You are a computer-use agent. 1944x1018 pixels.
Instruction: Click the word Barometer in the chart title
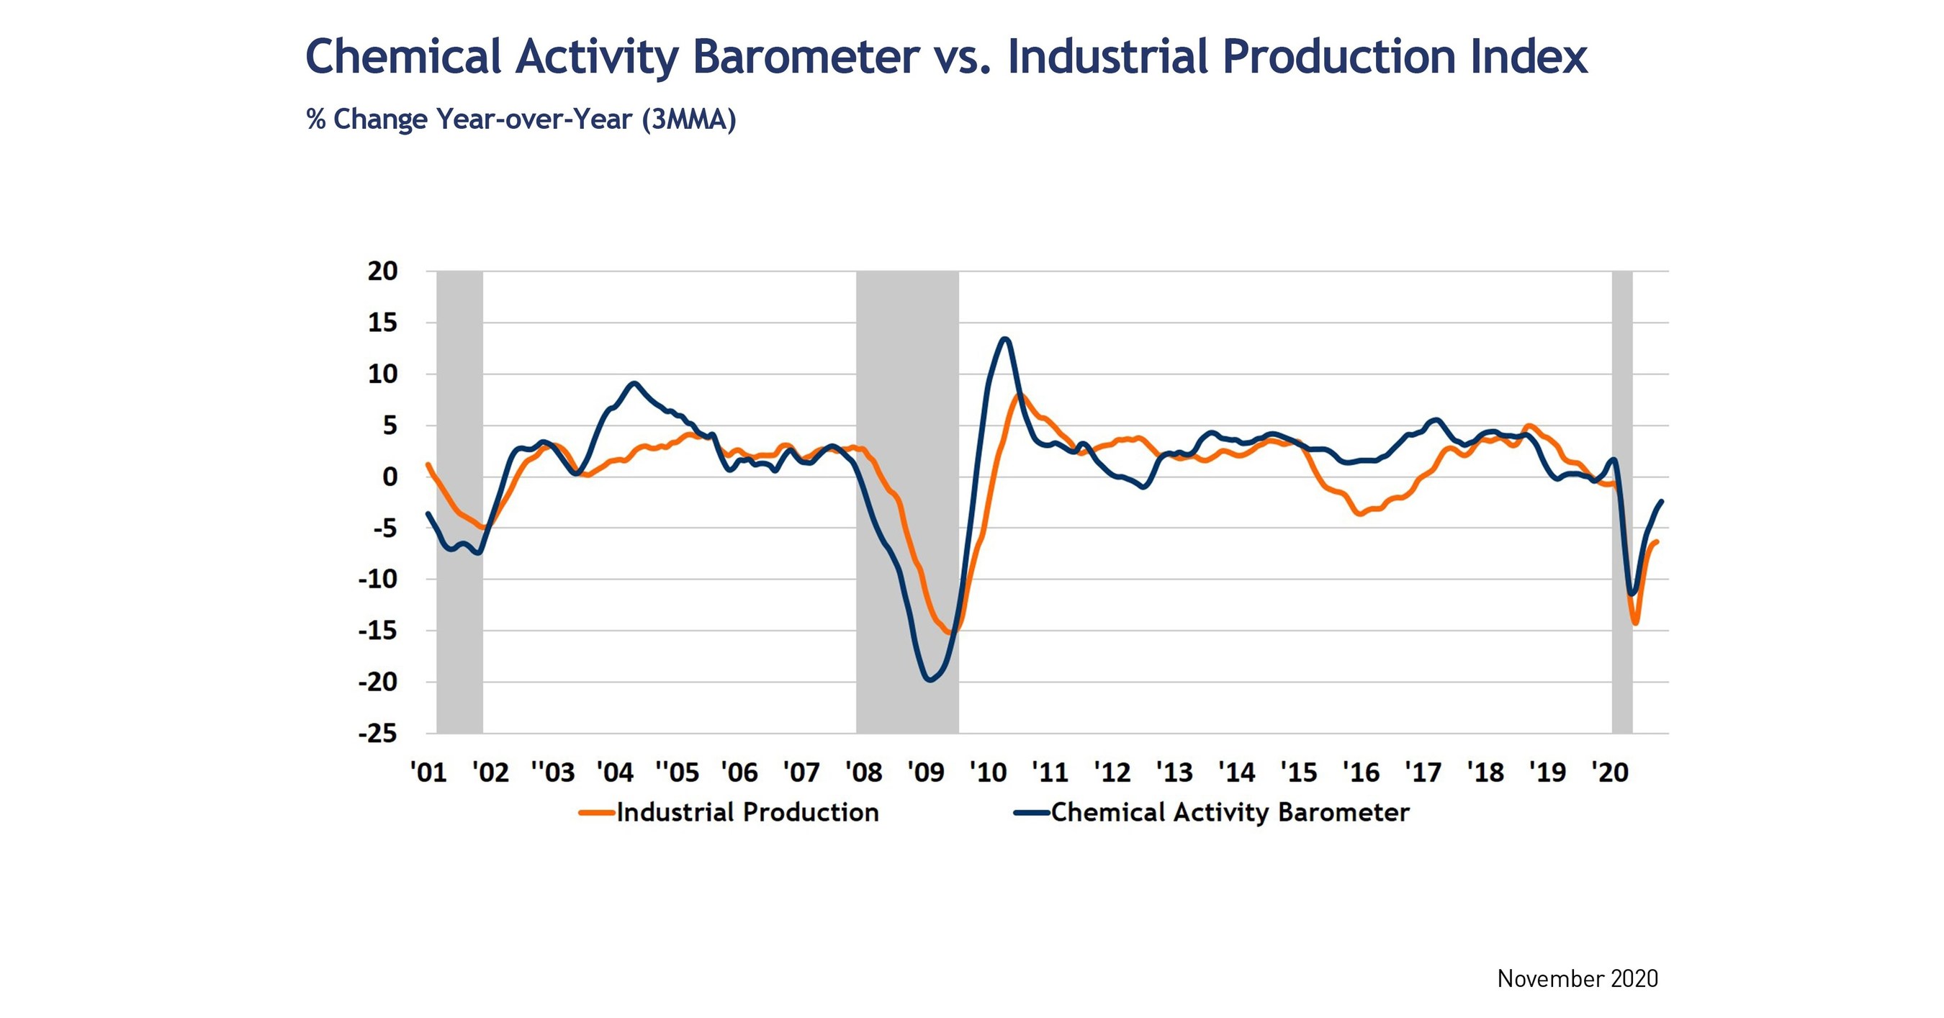(805, 58)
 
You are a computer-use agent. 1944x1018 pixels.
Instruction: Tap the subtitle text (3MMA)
(688, 120)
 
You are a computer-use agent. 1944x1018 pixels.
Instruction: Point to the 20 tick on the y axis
(382, 271)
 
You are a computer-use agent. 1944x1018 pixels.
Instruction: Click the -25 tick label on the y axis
(378, 734)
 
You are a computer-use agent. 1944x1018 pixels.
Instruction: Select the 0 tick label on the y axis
(390, 477)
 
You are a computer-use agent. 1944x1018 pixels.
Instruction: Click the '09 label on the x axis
(925, 772)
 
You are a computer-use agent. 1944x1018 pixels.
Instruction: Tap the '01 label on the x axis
(428, 772)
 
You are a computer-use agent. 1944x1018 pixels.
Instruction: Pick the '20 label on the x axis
(1609, 772)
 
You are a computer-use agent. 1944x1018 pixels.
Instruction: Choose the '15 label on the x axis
(1299, 772)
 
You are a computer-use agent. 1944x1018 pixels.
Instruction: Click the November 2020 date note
(1578, 978)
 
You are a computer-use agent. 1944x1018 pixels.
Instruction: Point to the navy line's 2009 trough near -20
(930, 680)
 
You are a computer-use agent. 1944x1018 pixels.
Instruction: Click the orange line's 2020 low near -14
(1635, 623)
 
